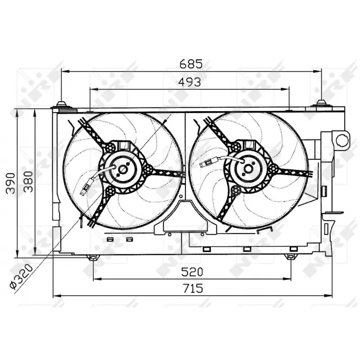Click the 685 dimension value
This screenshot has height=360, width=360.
tap(191, 64)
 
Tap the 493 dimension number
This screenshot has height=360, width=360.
tap(189, 82)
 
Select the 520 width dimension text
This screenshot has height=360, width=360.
tap(192, 272)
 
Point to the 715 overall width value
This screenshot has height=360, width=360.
tap(193, 288)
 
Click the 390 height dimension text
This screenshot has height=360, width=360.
tap(10, 183)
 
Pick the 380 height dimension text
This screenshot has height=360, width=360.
tap(28, 181)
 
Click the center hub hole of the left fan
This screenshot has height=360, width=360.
tap(123, 170)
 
